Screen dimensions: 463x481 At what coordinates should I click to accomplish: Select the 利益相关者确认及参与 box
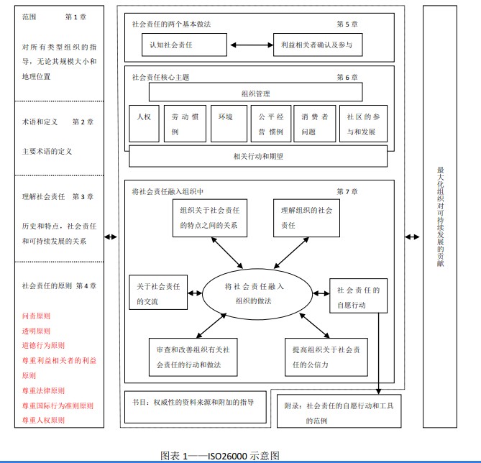(x=317, y=45)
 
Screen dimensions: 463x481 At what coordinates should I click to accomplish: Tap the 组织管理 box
(x=256, y=92)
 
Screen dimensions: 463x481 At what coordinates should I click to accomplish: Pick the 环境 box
(x=225, y=124)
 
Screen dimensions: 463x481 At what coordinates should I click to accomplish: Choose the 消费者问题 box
(x=314, y=124)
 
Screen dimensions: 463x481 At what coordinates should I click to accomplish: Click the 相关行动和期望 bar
(x=257, y=155)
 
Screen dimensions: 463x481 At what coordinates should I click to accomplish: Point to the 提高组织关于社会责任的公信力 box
(x=317, y=357)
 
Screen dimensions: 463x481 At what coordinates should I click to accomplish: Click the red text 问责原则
(x=37, y=316)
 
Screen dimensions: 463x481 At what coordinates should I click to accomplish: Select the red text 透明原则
(x=37, y=331)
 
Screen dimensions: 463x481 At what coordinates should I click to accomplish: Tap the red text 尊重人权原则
(x=43, y=419)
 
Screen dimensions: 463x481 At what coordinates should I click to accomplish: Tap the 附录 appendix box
(x=338, y=411)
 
